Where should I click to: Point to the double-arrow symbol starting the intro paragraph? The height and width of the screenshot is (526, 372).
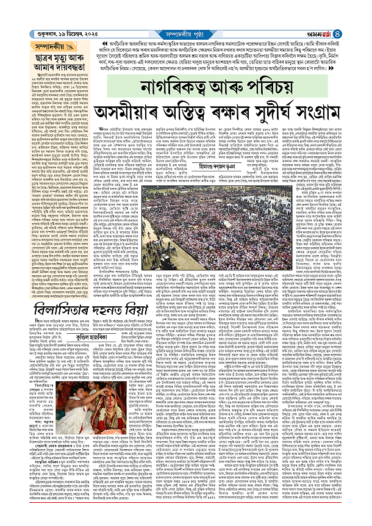pos(95,45)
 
